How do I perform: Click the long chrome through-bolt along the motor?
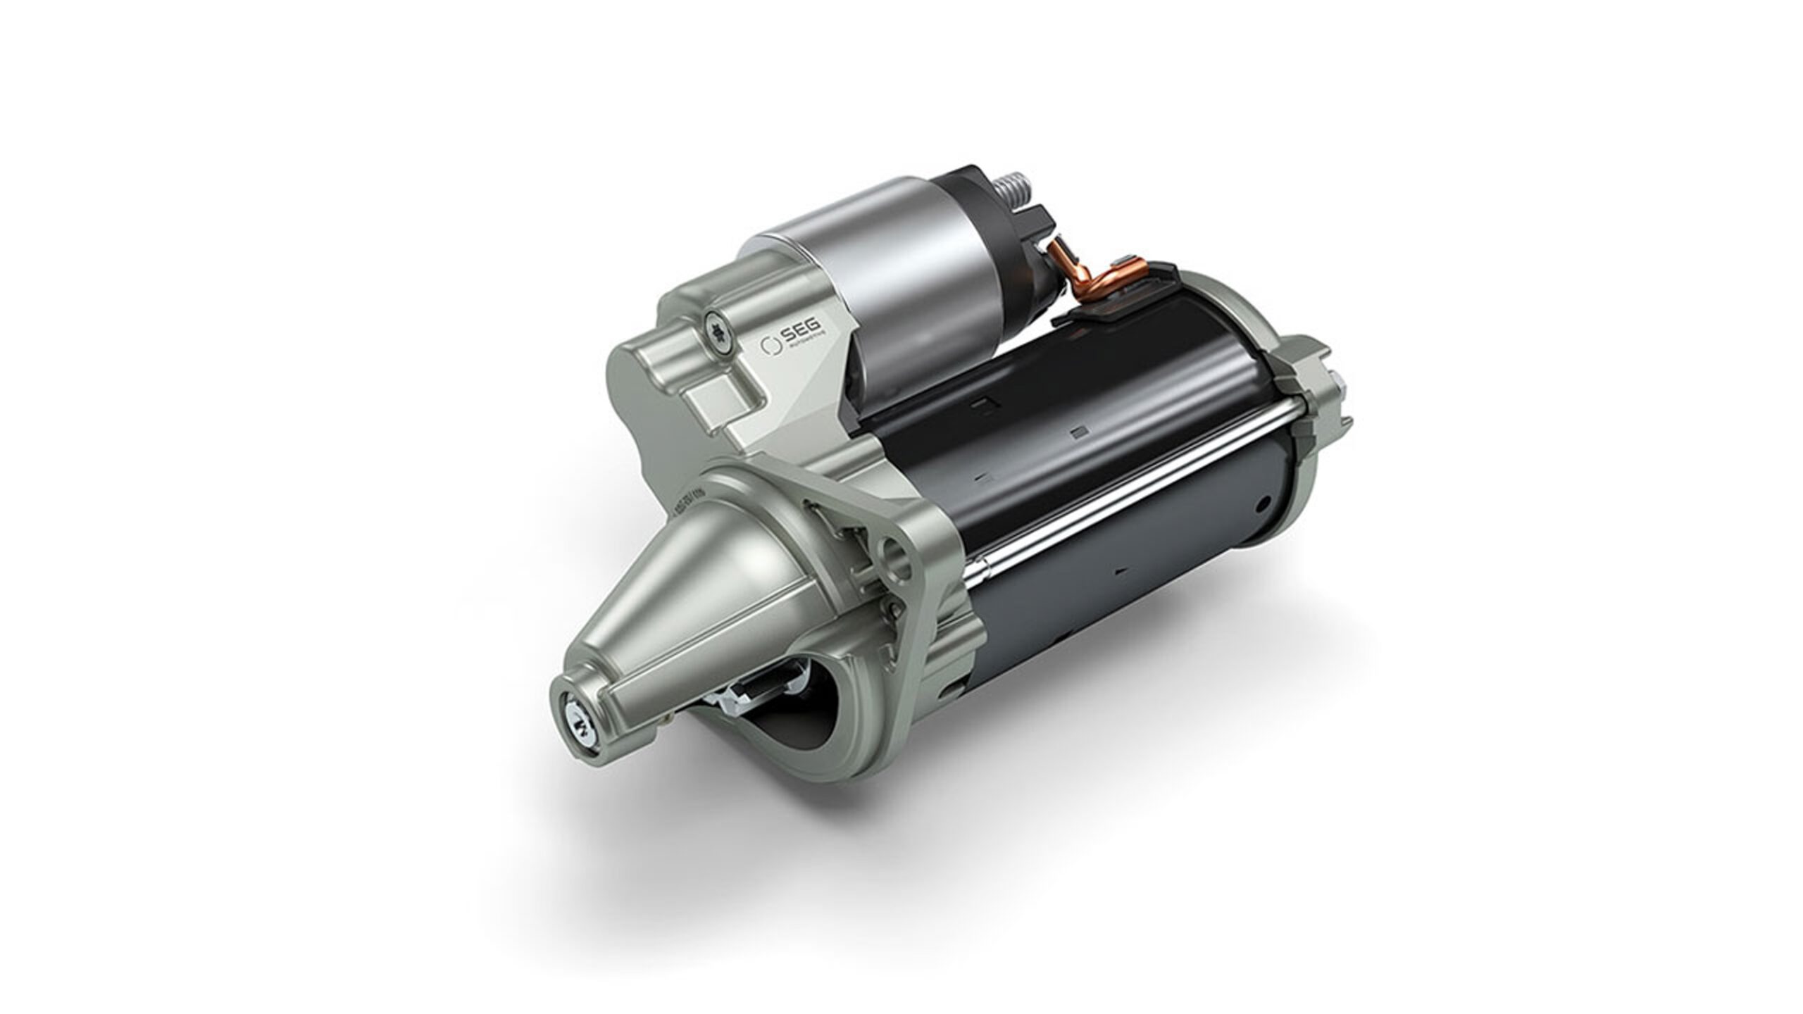(1127, 507)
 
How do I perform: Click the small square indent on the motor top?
(1076, 432)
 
